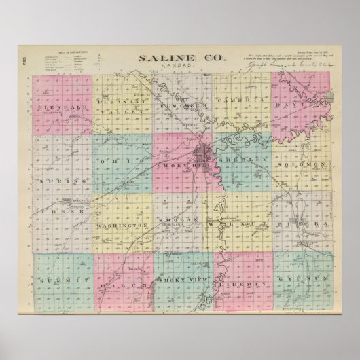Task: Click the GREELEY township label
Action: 242,163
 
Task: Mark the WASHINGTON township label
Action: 122,224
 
